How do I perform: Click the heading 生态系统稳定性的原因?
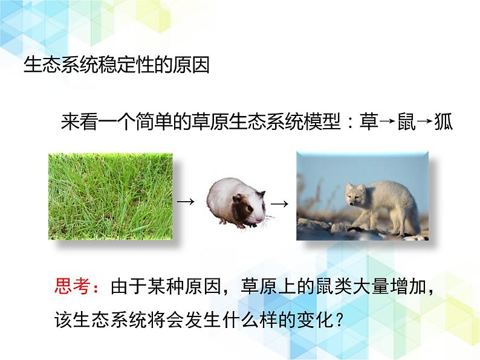click(x=117, y=65)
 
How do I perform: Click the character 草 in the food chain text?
click(x=369, y=121)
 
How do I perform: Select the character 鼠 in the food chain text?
click(x=406, y=121)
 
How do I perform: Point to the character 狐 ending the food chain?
click(x=444, y=121)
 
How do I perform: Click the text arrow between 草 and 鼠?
click(x=388, y=121)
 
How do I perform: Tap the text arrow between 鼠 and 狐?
click(x=425, y=121)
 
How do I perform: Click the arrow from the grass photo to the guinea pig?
click(x=186, y=202)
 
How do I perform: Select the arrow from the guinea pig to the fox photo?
click(x=279, y=204)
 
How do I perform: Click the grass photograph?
click(x=111, y=196)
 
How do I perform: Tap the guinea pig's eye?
click(x=249, y=209)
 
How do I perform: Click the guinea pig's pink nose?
click(x=259, y=220)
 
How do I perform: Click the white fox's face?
click(x=354, y=196)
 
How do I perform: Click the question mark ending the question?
click(x=339, y=320)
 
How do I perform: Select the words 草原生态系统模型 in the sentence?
click(x=266, y=121)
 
